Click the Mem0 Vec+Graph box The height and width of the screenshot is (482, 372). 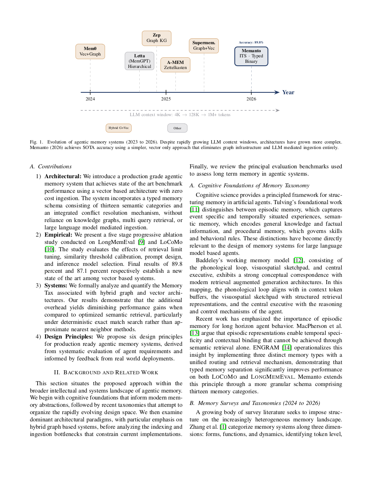click(90, 51)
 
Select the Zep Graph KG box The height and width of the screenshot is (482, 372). click(156, 38)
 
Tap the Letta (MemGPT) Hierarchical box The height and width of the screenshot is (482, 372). click(139, 61)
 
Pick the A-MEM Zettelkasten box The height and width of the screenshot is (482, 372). click(175, 65)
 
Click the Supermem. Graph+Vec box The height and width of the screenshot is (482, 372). click(204, 46)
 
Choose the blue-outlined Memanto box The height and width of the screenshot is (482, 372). click(251, 56)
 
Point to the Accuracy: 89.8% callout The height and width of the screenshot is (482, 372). click(251, 42)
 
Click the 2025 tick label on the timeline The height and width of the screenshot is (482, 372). click(166, 99)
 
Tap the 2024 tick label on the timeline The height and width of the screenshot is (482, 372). click(90, 99)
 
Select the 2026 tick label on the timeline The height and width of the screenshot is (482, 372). click(251, 99)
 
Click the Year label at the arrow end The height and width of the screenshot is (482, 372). click(288, 92)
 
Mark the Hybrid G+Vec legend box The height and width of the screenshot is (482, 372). click(119, 128)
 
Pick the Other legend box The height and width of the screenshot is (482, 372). click(177, 128)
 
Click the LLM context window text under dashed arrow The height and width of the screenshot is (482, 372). click(180, 115)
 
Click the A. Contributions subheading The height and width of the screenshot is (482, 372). click(51, 167)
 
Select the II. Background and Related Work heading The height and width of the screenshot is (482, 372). click(106, 372)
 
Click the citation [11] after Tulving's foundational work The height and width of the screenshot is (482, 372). click(194, 210)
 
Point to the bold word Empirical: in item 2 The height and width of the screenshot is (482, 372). click(58, 235)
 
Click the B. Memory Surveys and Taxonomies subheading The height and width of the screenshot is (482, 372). click(255, 403)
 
